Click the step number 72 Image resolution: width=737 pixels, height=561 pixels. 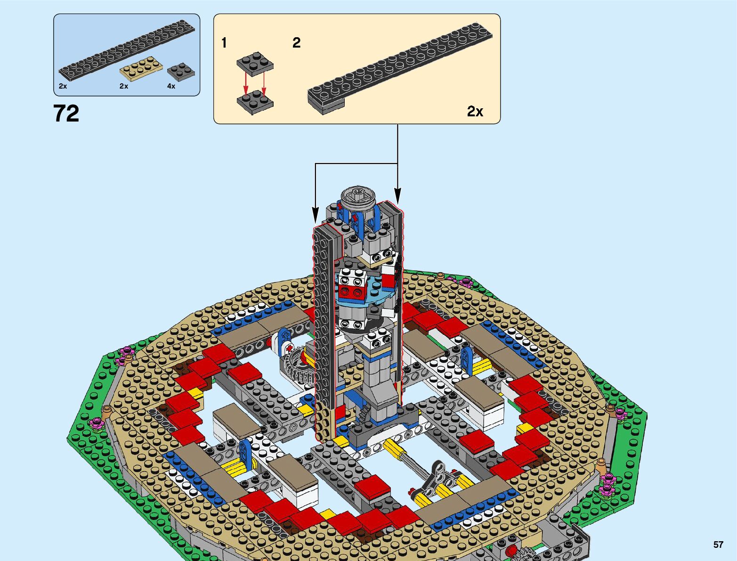point(66,114)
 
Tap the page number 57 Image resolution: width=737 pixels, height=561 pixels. point(718,545)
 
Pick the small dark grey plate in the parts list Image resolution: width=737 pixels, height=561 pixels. point(181,72)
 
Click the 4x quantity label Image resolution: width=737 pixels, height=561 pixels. point(171,86)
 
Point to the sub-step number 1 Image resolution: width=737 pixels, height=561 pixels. point(224,43)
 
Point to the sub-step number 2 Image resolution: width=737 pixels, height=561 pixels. point(297,43)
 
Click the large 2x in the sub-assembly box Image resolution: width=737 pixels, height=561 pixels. point(475,111)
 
